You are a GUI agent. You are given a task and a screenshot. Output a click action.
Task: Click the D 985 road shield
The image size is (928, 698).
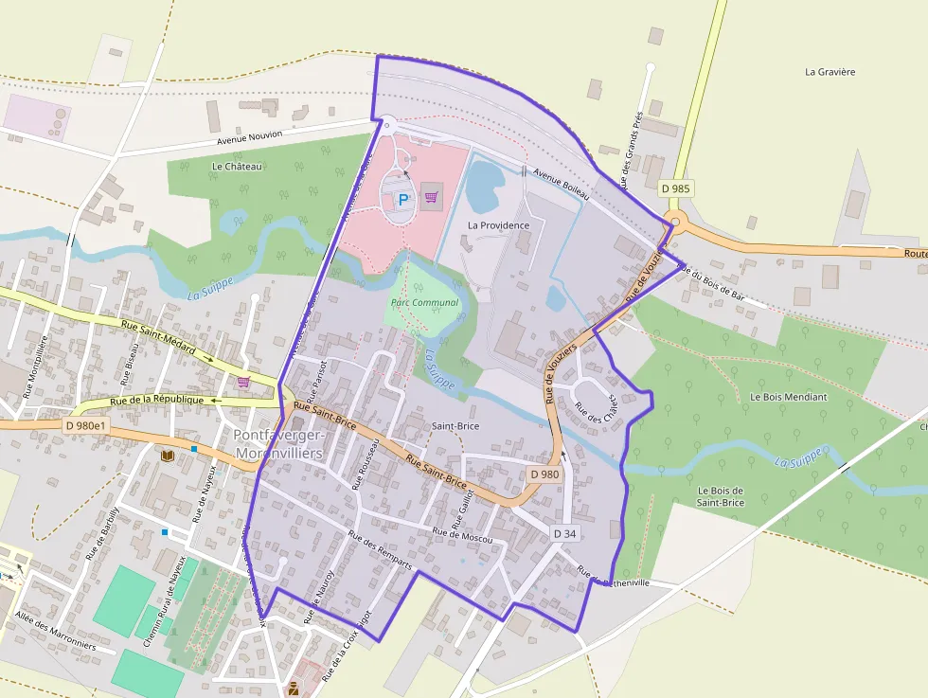point(676,188)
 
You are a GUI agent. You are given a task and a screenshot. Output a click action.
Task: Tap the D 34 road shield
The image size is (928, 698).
point(564,534)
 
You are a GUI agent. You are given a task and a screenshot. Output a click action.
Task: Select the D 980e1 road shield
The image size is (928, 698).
point(87,425)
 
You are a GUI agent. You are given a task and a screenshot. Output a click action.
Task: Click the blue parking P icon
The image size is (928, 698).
point(403,200)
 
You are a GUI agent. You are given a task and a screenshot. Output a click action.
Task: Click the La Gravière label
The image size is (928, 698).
point(830,71)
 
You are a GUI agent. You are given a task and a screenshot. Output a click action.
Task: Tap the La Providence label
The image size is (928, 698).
point(499,225)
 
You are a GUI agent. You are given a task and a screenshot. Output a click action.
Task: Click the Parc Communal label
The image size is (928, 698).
point(424,303)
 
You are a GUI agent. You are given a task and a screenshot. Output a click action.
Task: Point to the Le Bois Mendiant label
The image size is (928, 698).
point(788,397)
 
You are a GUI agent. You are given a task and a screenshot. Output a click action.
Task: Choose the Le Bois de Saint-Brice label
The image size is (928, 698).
point(721,496)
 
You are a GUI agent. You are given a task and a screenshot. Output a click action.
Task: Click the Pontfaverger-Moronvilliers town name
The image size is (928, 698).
point(278,444)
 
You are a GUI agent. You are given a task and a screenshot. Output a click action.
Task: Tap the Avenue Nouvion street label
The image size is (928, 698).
point(250,138)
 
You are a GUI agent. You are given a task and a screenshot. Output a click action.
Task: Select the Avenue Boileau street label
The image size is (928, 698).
point(561,184)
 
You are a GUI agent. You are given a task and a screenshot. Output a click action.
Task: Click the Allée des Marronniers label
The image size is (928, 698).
point(55,632)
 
